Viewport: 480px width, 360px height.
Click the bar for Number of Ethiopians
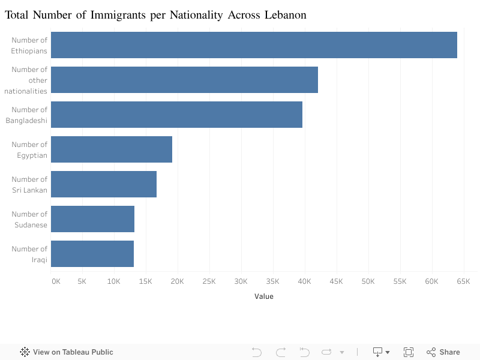point(254,45)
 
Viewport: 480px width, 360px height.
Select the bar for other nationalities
point(184,80)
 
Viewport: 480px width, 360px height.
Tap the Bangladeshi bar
point(176,115)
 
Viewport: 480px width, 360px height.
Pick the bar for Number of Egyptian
point(112,149)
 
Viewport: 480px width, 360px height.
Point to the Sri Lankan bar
point(104,184)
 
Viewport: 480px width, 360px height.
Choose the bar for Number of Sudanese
point(92,219)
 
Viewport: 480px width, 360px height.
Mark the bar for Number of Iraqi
point(92,254)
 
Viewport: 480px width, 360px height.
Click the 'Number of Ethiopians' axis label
point(29,45)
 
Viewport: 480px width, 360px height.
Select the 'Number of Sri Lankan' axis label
point(29,184)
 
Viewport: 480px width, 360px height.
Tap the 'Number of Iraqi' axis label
point(29,254)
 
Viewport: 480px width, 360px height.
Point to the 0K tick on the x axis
point(55,281)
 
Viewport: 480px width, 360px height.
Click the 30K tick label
point(241,281)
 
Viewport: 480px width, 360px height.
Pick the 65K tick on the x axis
point(463,281)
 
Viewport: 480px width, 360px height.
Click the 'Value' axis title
point(263,296)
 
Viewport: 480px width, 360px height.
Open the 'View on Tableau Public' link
point(67,352)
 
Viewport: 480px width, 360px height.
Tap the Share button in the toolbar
point(443,352)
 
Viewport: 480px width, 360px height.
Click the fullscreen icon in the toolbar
point(409,352)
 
